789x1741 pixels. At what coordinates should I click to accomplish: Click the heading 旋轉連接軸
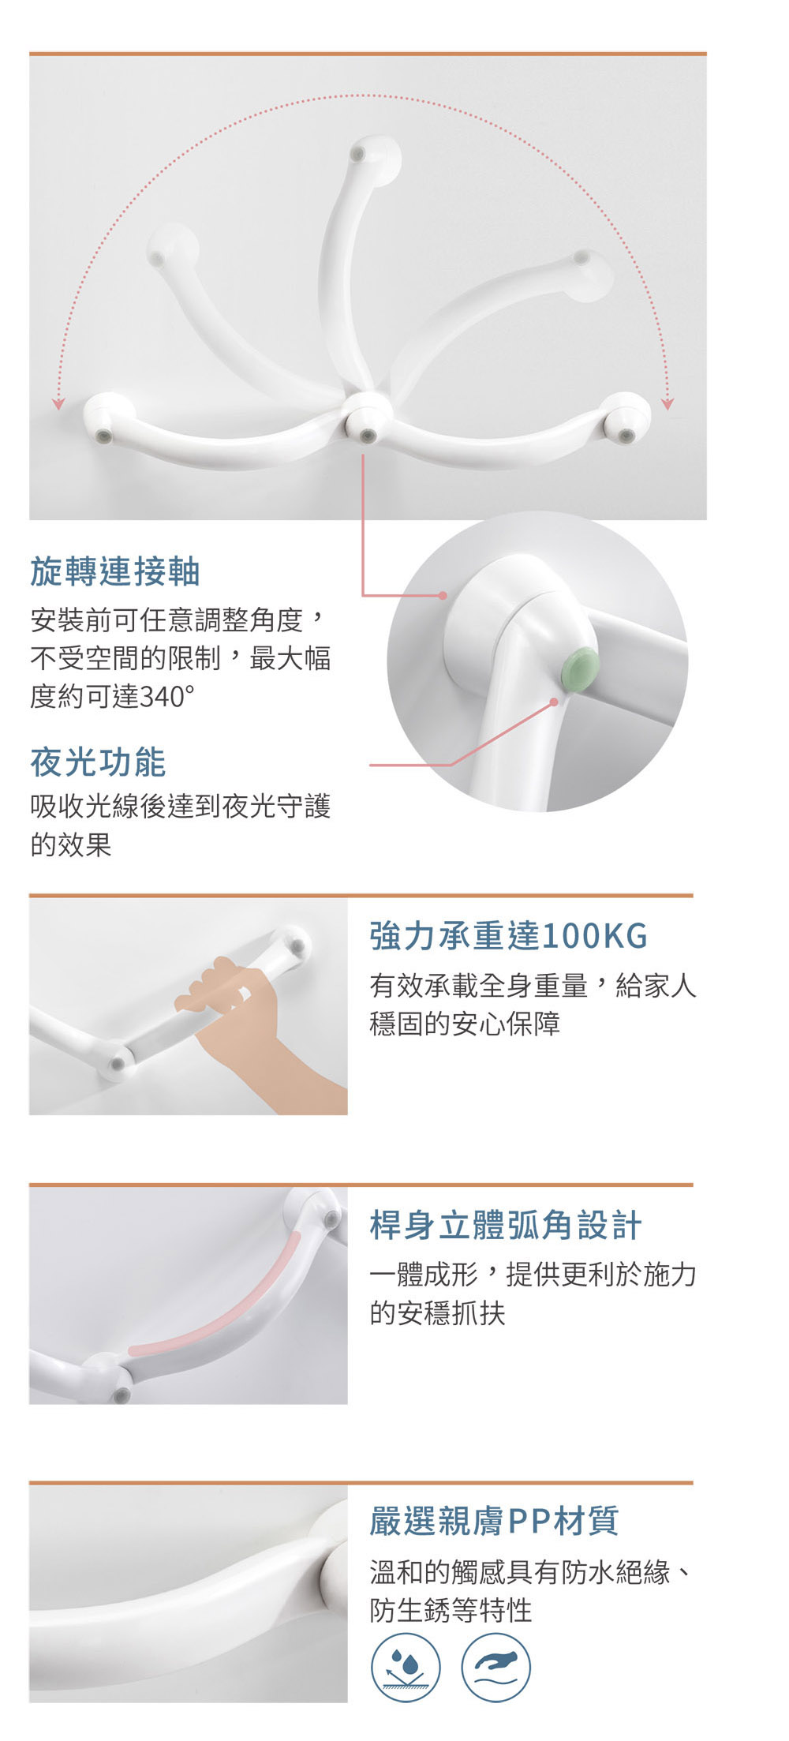pos(115,571)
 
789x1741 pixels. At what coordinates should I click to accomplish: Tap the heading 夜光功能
pos(98,762)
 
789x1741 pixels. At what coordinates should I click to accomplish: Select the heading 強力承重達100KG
pos(508,935)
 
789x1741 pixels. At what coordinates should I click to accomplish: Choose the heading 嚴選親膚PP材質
pos(494,1520)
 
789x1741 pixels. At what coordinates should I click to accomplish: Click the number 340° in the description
pos(166,696)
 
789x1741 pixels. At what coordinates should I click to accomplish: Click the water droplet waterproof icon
pos(406,1668)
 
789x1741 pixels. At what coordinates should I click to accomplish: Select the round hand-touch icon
pos(495,1668)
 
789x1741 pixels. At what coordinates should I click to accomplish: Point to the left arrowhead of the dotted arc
pos(58,404)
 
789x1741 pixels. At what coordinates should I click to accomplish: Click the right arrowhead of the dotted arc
pos(667,404)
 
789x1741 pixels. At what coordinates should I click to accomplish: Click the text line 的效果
pos(71,844)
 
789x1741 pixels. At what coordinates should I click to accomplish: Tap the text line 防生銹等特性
pos(451,1609)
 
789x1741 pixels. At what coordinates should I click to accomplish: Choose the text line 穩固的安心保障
pos(465,1024)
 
